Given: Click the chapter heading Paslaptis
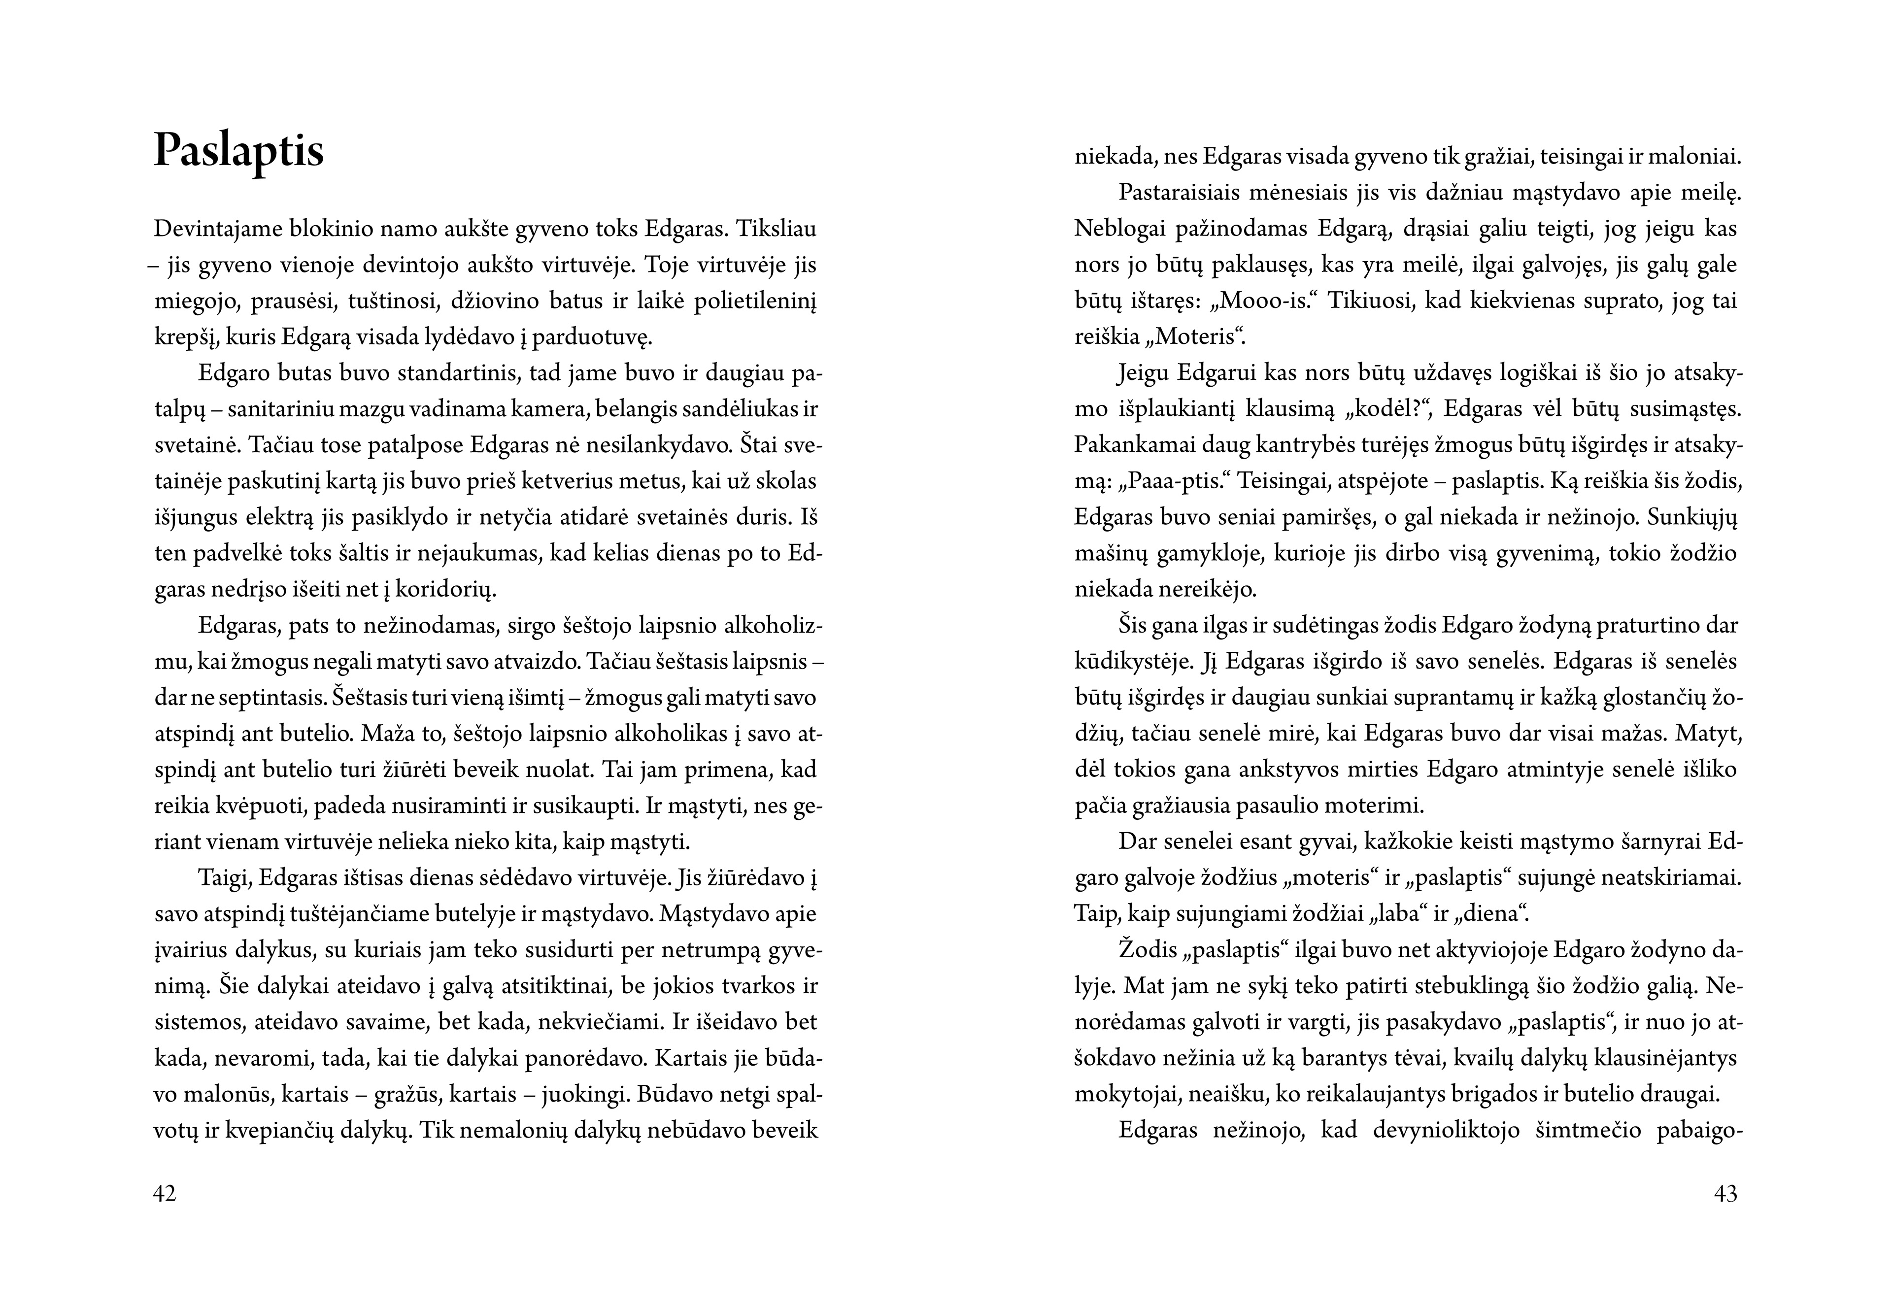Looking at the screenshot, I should pos(239,152).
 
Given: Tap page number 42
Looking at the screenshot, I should pos(165,1193).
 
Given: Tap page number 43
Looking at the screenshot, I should pos(1725,1193).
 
